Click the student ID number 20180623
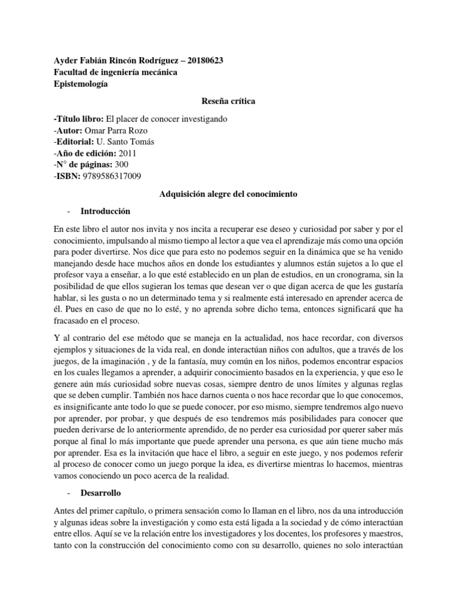(204, 61)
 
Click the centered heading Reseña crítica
(228, 101)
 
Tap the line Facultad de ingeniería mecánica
(115, 73)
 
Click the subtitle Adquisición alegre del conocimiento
(228, 194)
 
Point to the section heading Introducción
(105, 211)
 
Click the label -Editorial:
(74, 141)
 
